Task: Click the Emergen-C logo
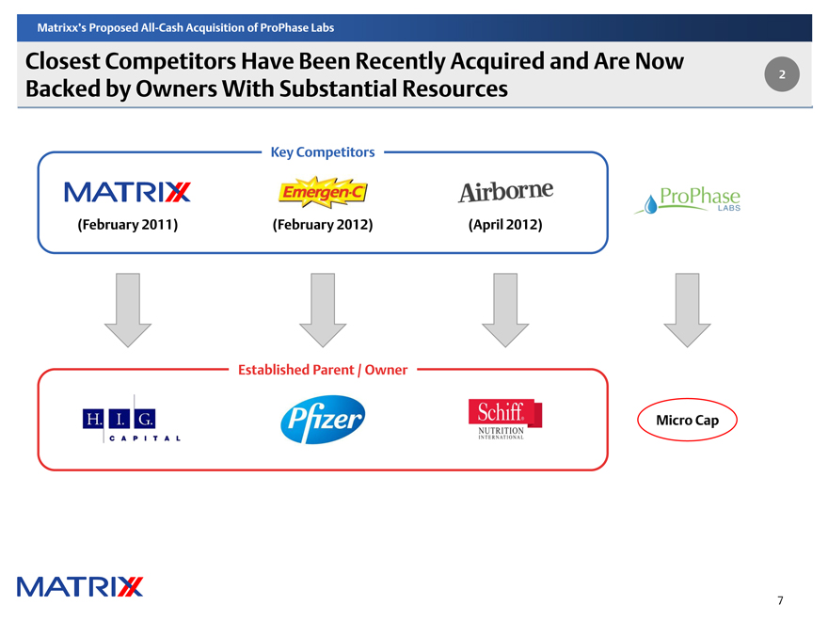click(x=323, y=192)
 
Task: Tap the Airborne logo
click(x=504, y=191)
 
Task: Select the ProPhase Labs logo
click(x=688, y=200)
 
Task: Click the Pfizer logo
click(x=322, y=420)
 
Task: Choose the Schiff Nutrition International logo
click(x=504, y=421)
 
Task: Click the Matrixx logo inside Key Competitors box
click(x=127, y=192)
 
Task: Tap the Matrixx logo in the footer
click(x=80, y=585)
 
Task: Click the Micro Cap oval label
click(x=687, y=420)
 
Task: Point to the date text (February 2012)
click(x=323, y=225)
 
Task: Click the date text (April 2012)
click(x=504, y=225)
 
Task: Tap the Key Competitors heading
click(x=322, y=151)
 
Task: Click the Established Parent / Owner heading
click(x=323, y=370)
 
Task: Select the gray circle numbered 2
click(x=782, y=74)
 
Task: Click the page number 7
click(x=781, y=600)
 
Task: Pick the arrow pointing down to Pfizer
click(x=323, y=308)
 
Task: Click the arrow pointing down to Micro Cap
click(x=687, y=308)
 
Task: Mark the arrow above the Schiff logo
click(x=505, y=308)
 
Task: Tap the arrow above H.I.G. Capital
click(x=127, y=308)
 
